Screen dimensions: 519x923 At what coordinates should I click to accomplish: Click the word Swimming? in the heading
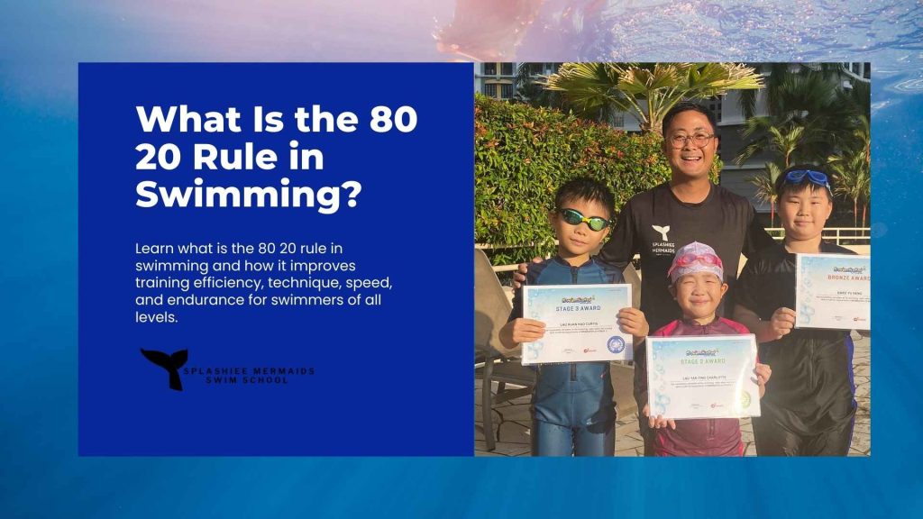pos(249,195)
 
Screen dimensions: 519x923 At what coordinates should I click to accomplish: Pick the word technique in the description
pos(267,283)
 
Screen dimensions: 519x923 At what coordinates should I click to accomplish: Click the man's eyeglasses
pos(690,140)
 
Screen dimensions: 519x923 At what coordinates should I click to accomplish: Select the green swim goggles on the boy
pos(584,218)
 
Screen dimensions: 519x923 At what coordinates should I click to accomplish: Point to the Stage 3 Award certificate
pos(577,323)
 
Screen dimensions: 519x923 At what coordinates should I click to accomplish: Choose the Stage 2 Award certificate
pos(702,376)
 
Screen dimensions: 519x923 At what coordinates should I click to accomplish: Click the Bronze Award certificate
pos(832,290)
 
